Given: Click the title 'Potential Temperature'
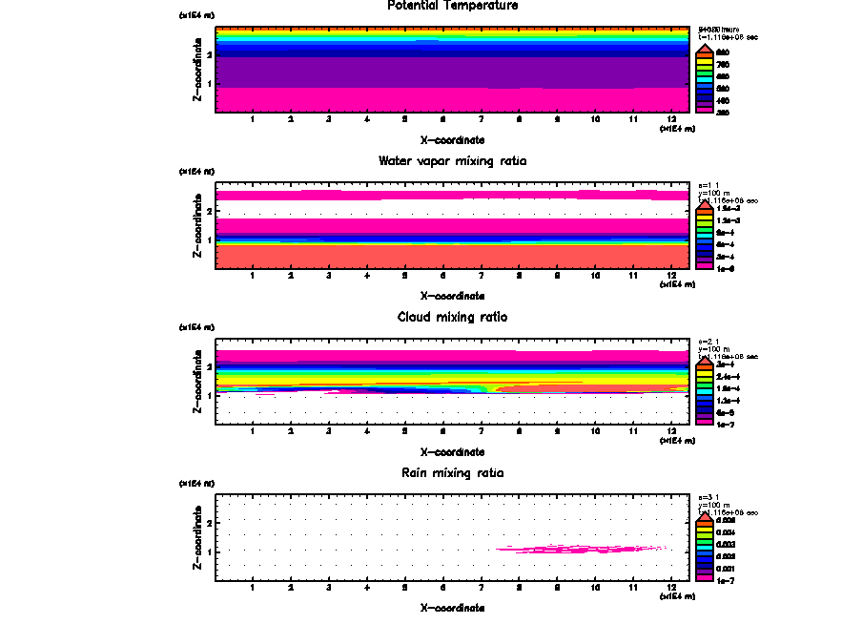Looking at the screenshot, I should pos(453,6).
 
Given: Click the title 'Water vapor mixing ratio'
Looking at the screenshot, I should pos(453,161).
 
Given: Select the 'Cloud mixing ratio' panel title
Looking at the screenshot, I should pos(453,317).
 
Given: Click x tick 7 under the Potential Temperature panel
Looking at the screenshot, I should pos(482,119).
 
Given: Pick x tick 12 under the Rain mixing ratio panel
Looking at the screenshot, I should pos(672,587).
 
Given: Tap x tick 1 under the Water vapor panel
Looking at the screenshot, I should pos(253,275).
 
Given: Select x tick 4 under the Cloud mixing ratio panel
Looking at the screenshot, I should pos(367,431).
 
